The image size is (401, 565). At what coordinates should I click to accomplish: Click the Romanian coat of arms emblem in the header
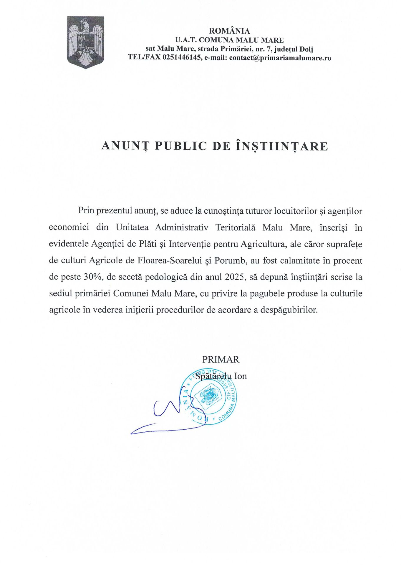(x=85, y=42)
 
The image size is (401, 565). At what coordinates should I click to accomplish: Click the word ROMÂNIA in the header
(x=229, y=31)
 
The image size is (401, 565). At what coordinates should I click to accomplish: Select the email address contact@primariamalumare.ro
(x=280, y=58)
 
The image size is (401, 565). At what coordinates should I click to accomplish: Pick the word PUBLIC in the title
(x=181, y=146)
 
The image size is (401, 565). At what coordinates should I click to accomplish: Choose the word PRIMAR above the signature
(x=221, y=359)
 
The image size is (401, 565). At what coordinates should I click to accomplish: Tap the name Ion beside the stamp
(x=240, y=376)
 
